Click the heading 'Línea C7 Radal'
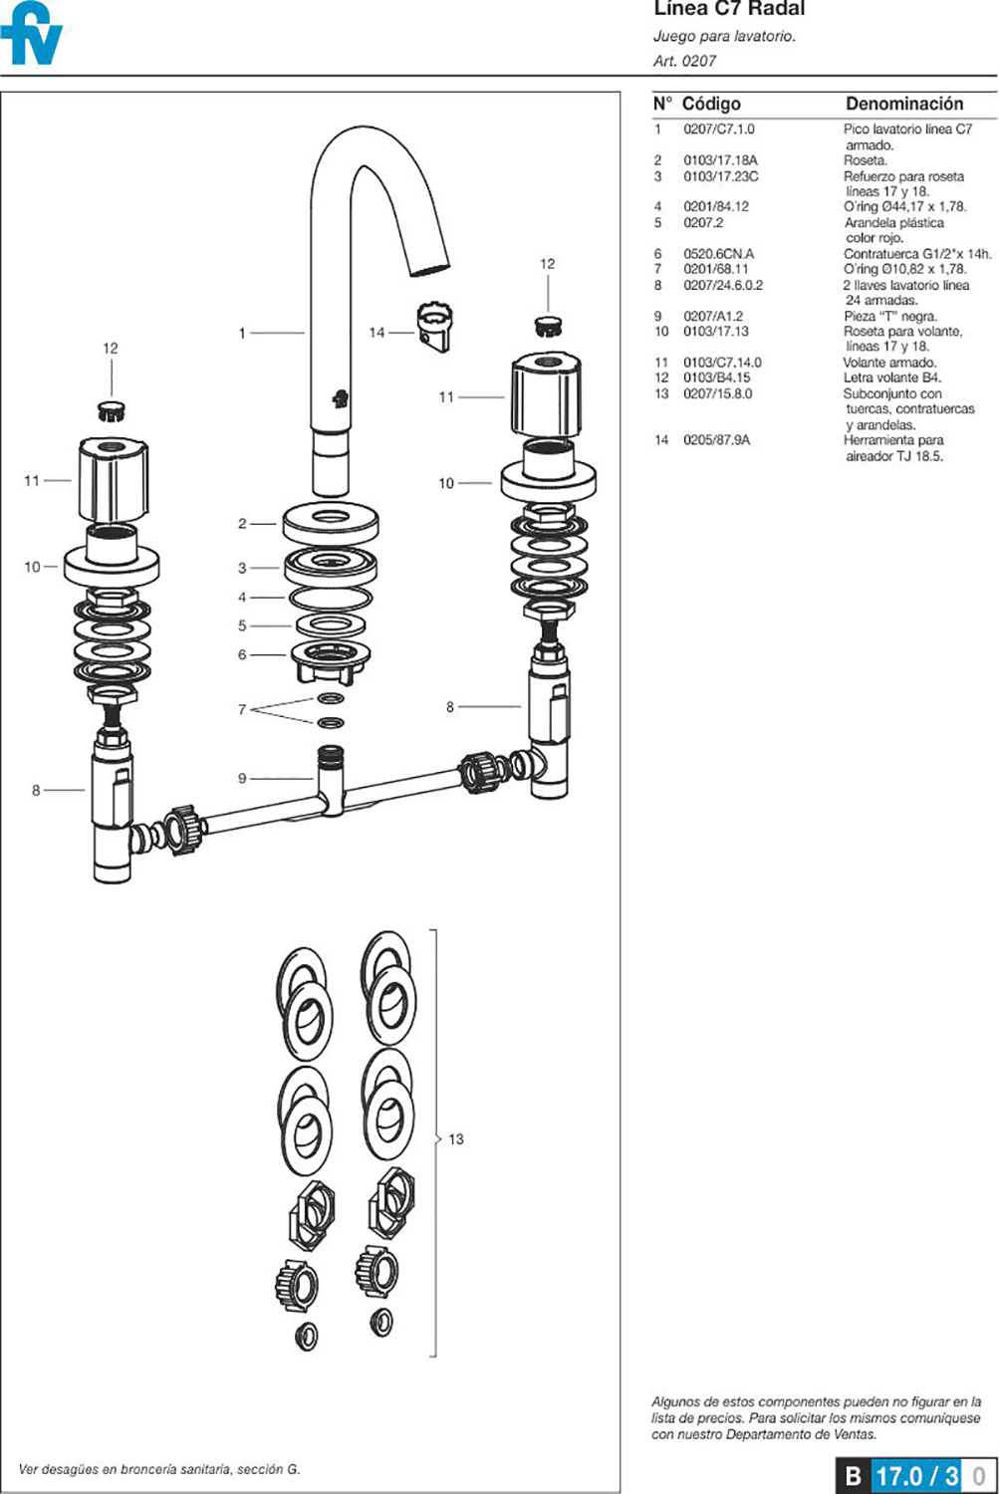coord(729,9)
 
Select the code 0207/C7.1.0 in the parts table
coord(718,129)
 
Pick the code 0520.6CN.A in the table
coord(718,254)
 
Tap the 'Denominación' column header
coord(903,104)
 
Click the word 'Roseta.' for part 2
coord(865,160)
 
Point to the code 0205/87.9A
coord(716,440)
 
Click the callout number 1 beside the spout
coord(242,333)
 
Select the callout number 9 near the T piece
coord(242,778)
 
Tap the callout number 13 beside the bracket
coord(456,1139)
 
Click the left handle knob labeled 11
coord(113,480)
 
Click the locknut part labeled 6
coord(331,659)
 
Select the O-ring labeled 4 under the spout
coord(331,599)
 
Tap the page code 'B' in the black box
coord(853,1475)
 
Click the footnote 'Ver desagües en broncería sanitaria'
coord(158,1469)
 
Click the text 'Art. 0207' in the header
coord(684,61)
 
